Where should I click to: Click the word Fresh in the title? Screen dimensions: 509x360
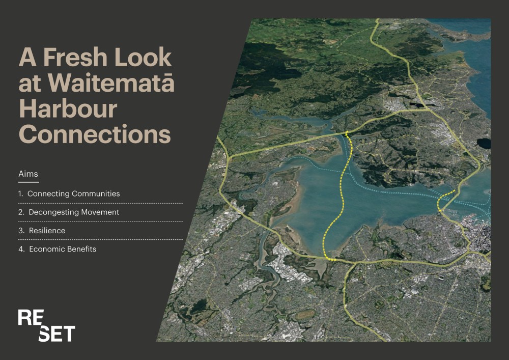click(75, 57)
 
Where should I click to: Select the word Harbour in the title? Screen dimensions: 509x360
click(68, 108)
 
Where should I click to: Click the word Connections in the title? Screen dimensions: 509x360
click(95, 134)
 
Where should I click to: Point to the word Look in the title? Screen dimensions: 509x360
click(143, 57)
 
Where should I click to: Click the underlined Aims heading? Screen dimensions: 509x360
click(28, 174)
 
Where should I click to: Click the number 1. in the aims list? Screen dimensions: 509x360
click(21, 194)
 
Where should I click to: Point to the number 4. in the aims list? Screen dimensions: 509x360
click(21, 250)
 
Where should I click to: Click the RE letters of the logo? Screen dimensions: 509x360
click(31, 317)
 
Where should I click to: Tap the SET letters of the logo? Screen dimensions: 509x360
click(57, 334)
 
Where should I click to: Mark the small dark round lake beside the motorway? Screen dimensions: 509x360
click(484, 143)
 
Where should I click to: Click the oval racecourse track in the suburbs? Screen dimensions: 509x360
click(305, 314)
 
